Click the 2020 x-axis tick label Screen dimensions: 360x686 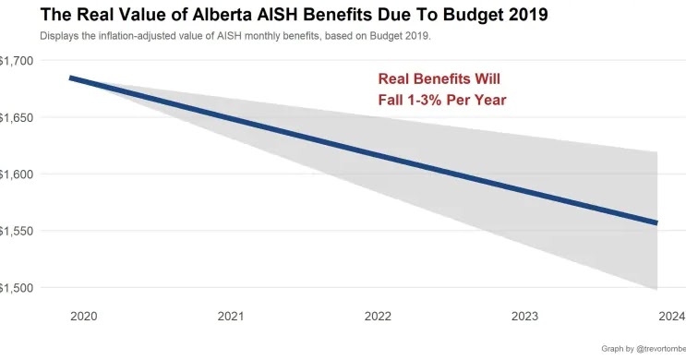(84, 316)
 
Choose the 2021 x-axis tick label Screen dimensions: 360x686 (231, 316)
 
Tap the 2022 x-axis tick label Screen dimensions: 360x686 (378, 316)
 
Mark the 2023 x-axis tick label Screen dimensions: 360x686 (524, 316)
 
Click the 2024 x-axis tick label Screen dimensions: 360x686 (671, 316)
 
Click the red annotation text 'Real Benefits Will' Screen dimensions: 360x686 (439, 79)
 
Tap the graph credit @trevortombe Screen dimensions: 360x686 (656, 349)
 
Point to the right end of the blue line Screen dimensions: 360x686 (656, 222)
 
